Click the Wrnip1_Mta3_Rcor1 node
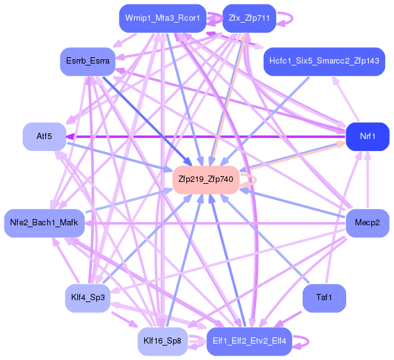(x=162, y=18)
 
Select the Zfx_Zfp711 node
(x=246, y=18)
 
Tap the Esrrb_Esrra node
(x=87, y=61)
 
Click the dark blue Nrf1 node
(x=368, y=137)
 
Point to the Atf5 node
(x=44, y=137)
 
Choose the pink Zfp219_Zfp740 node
(x=206, y=179)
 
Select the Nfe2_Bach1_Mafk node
(x=44, y=223)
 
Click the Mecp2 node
(x=368, y=223)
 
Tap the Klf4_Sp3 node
(x=87, y=298)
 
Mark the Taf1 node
(x=324, y=298)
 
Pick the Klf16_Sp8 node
(x=162, y=340)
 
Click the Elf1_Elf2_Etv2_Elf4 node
(x=249, y=340)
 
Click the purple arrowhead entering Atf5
(x=71, y=137)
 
